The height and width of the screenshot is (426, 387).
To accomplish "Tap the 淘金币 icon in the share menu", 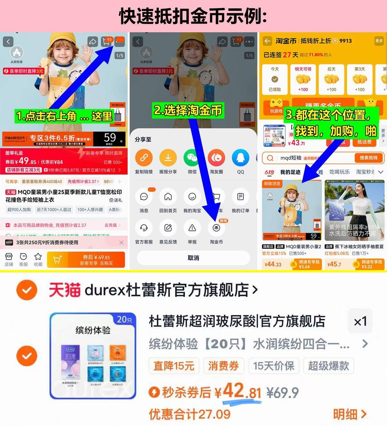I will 216,228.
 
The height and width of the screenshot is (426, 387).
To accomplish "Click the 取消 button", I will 193,258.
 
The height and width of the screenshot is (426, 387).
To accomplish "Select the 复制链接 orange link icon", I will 144,158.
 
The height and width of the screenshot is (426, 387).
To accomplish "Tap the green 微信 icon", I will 192,158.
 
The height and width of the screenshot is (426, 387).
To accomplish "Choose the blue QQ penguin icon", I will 240,158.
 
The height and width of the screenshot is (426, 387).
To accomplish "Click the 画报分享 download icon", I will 168,158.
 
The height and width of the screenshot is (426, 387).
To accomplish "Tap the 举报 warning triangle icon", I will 192,228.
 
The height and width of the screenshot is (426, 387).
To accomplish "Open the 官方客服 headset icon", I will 144,228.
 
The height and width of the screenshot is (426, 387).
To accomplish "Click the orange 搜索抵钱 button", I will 368,158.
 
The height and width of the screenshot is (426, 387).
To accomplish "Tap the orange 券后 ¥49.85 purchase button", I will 86,260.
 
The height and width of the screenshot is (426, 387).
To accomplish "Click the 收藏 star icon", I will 38,257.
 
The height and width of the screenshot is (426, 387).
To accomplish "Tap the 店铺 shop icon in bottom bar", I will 9,257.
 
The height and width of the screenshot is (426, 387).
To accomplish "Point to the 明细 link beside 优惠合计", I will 350,414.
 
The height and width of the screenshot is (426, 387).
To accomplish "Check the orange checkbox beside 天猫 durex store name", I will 27,290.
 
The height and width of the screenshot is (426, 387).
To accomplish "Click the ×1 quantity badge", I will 360,321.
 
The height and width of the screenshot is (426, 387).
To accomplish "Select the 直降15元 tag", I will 174,366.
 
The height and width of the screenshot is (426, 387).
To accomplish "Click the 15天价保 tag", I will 273,366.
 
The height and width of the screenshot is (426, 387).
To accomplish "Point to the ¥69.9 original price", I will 283,393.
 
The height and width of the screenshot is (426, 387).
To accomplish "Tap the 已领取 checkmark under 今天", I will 275,79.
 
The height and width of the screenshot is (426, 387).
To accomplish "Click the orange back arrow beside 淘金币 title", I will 267,41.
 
